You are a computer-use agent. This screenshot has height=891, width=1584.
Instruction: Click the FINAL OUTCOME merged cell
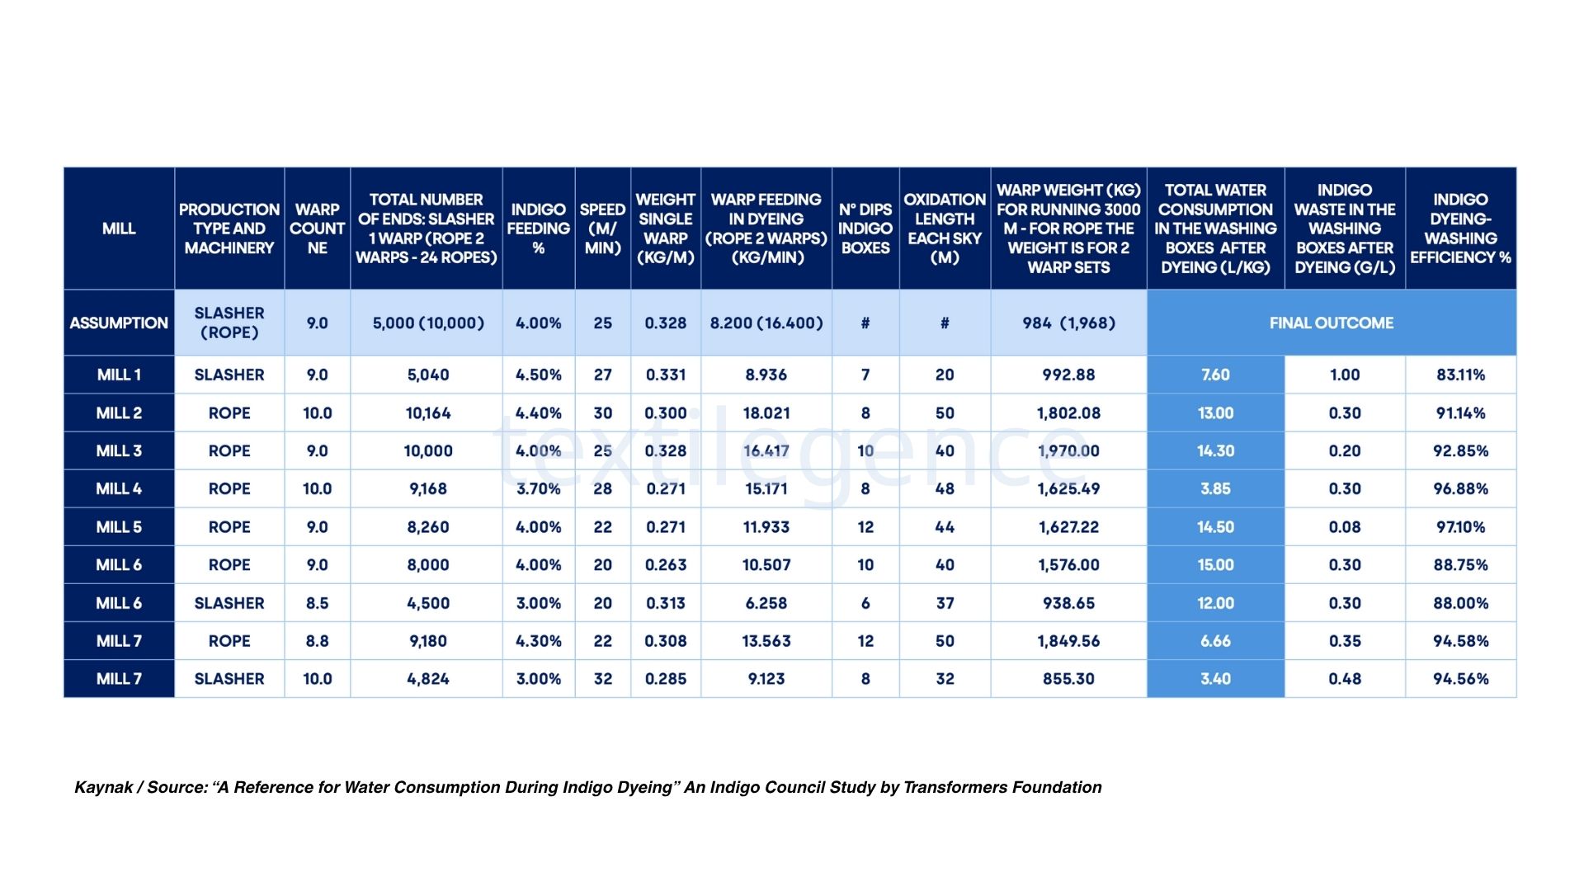(1331, 323)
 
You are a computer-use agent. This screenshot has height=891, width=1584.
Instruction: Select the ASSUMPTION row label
(119, 323)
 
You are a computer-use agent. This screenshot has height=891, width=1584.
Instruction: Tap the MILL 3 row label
(119, 451)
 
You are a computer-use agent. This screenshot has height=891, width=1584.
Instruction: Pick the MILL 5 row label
(119, 527)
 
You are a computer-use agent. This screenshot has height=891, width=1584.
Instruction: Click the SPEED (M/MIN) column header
(602, 229)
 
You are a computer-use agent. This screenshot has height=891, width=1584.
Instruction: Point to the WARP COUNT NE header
(317, 229)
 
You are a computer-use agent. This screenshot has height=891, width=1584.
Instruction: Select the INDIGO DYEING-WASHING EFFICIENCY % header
(1460, 229)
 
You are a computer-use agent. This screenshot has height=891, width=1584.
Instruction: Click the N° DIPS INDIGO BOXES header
(865, 229)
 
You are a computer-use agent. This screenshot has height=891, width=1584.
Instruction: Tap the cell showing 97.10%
(1460, 527)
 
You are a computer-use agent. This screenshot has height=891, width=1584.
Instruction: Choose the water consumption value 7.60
(1215, 375)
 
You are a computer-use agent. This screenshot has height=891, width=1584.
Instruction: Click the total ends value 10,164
(428, 413)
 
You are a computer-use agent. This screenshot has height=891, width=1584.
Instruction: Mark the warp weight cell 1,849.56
(1068, 641)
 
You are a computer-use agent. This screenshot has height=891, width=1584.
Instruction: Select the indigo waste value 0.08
(1345, 527)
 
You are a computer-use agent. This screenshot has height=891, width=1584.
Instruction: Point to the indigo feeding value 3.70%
(538, 489)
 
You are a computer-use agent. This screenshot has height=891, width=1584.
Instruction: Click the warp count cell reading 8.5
(317, 603)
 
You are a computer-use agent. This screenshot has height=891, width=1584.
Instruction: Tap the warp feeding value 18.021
(766, 413)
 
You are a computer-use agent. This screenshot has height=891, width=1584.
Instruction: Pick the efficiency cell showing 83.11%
(1460, 375)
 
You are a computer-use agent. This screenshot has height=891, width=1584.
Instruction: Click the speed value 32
(602, 679)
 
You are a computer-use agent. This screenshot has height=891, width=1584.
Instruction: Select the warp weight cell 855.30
(1068, 679)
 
